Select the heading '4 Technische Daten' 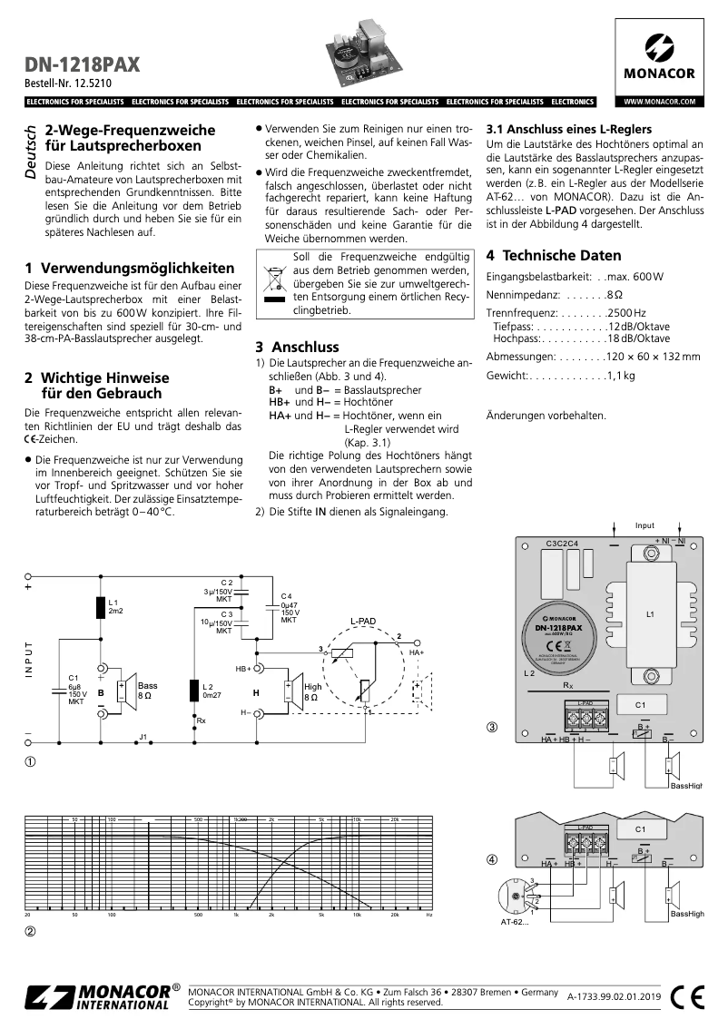pos(554,256)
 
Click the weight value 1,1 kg pos(621,375)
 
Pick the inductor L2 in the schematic pos(193,691)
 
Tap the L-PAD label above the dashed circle pos(363,622)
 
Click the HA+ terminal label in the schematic pos(417,652)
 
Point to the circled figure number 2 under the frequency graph pos(30,931)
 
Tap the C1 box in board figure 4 pos(640,828)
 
